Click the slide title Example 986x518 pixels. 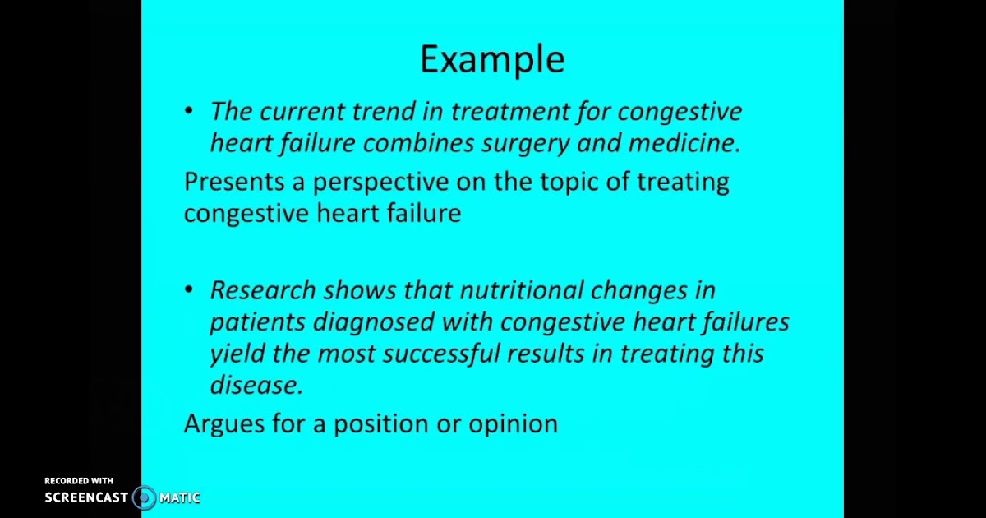pos(492,60)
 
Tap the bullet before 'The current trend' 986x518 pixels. pos(189,110)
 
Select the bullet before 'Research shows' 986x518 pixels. pos(189,289)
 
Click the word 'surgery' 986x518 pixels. pos(526,144)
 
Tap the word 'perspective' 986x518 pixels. pos(380,183)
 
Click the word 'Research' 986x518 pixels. pos(263,289)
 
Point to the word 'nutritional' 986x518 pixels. pos(522,289)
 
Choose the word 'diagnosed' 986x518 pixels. pos(374,323)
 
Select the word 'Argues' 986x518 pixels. pos(224,424)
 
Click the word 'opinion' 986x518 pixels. pos(513,424)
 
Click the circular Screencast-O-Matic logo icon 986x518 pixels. pos(144,497)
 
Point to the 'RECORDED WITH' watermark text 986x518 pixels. pos(79,480)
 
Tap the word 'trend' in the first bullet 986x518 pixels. pos(384,110)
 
